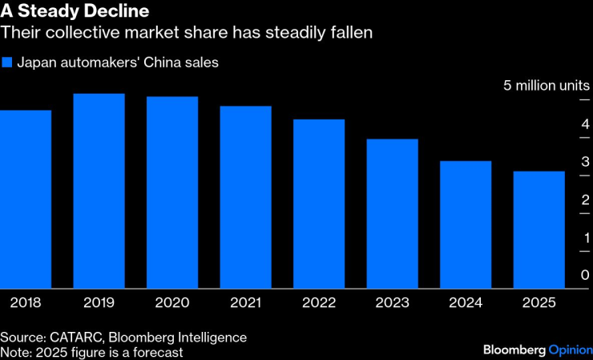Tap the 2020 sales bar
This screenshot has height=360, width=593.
point(172,192)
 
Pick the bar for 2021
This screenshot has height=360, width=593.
point(245,197)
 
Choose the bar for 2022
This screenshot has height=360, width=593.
point(319,204)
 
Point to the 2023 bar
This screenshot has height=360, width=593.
point(392,213)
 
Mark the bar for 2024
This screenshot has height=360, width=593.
point(466,224)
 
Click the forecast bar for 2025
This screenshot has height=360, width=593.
point(539,229)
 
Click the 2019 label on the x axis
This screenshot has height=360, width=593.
point(99,303)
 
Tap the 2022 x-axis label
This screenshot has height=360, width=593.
point(319,303)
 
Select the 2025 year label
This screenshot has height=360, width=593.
point(539,303)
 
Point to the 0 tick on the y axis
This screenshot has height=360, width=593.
point(584,275)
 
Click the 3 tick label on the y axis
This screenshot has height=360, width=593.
point(584,162)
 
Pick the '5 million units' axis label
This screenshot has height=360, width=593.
point(546,85)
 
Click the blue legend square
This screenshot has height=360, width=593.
point(7,62)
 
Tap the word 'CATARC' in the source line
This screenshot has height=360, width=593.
point(77,338)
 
